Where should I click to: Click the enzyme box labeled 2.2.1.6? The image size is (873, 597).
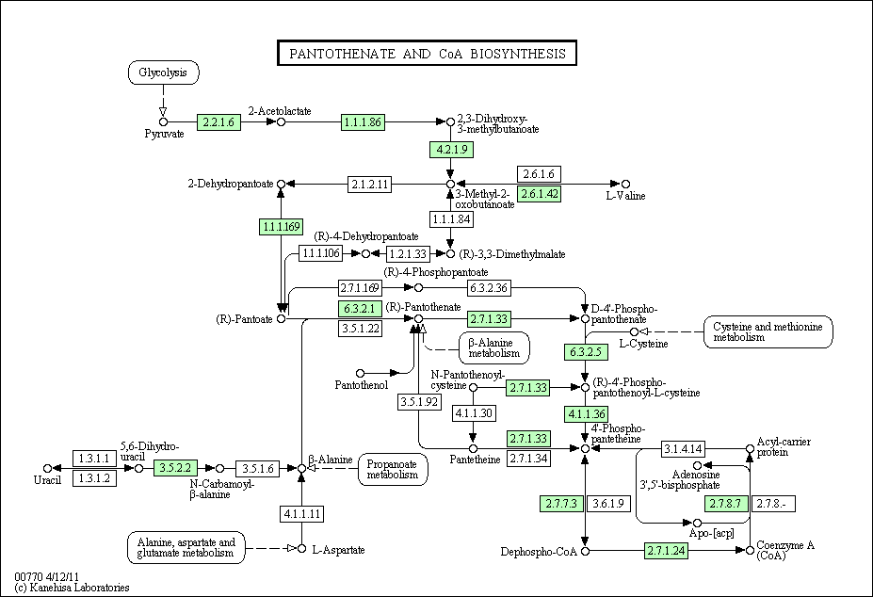point(218,122)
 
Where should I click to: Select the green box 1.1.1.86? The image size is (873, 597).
point(363,122)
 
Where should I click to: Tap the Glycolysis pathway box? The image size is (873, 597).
point(163,73)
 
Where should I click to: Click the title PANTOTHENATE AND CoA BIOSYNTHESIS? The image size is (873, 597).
point(427,54)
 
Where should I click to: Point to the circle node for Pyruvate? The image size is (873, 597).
point(163,122)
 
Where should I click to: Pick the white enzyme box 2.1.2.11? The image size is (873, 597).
point(370,184)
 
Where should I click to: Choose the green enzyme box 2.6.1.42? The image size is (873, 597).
point(539,194)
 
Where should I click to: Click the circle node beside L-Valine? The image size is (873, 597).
point(626,184)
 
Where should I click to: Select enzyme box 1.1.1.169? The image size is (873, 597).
point(282,227)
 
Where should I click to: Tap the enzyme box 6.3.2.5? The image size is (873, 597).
point(586,352)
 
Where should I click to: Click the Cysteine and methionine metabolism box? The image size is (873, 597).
point(768,331)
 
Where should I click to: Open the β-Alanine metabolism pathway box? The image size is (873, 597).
point(493,348)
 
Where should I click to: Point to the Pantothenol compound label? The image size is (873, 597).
point(362,385)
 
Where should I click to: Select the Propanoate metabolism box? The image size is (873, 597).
point(393,470)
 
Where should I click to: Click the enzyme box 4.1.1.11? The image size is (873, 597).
point(301,513)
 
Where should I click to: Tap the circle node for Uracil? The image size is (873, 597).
point(48,468)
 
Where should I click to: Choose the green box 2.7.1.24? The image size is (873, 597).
point(667,551)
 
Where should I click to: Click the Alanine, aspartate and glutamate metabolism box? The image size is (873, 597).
point(186,548)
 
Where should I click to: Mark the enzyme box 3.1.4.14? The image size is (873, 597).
point(683,448)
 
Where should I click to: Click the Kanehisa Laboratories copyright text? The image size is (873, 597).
point(72,588)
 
